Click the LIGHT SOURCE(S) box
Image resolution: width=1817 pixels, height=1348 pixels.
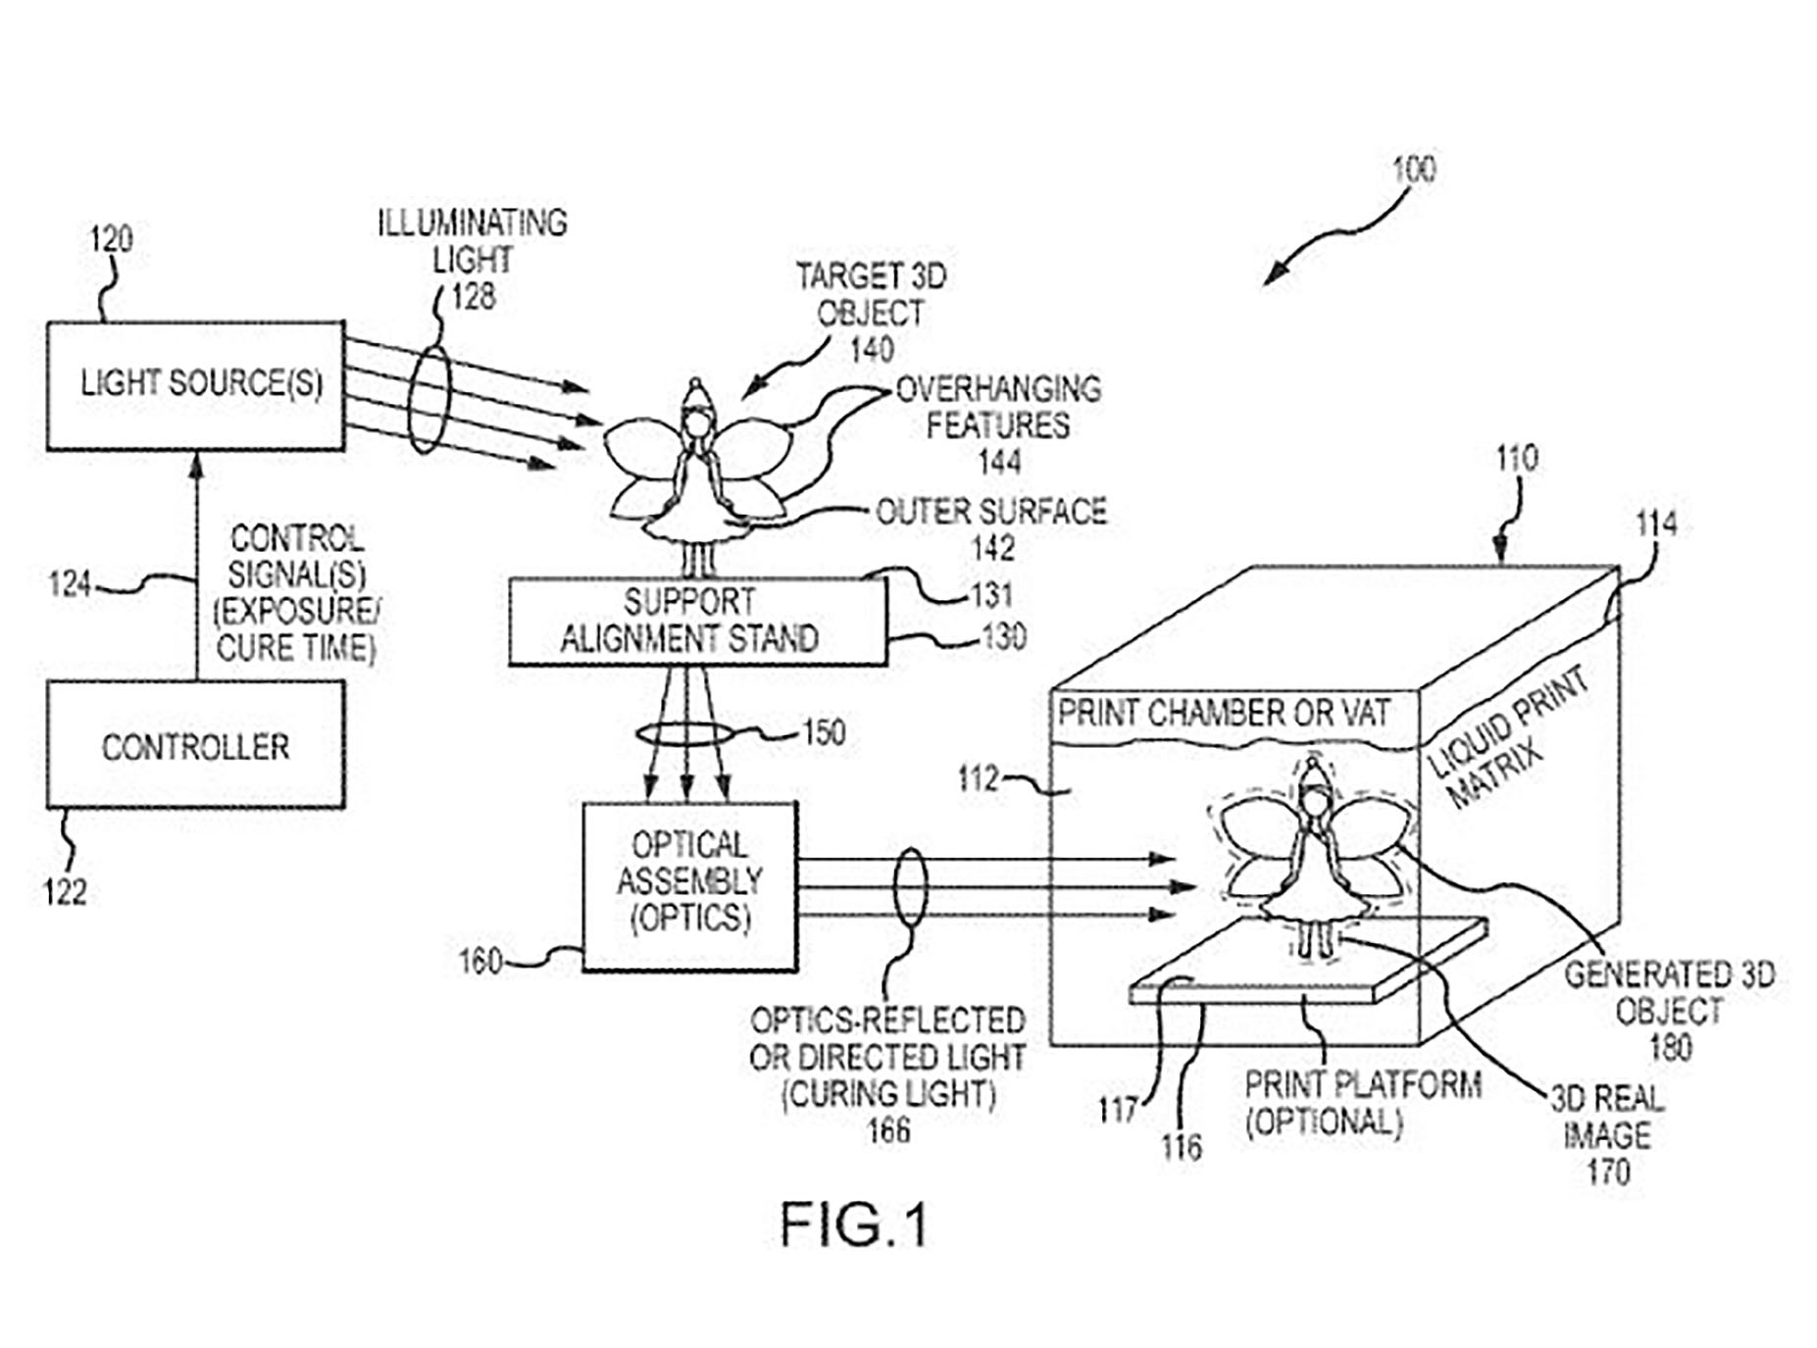[x=196, y=385]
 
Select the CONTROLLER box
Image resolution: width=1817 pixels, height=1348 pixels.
[x=196, y=745]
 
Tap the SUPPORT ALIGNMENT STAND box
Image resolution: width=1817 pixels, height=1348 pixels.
[x=697, y=622]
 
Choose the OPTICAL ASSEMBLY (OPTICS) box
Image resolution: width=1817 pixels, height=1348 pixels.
[x=689, y=886]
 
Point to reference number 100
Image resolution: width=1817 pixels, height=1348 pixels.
[x=1413, y=170]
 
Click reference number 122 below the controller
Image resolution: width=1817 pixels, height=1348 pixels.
[x=65, y=891]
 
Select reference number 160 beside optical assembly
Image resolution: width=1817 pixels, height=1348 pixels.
[x=480, y=962]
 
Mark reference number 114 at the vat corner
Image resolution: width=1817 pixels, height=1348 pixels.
[x=1656, y=524]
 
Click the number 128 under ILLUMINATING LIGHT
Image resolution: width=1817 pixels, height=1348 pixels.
[x=473, y=296]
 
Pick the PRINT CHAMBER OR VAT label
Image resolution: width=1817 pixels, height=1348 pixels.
[x=1223, y=713]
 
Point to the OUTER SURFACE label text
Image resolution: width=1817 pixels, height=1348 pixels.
[x=990, y=512]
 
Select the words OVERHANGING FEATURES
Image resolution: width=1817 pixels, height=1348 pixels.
[x=998, y=407]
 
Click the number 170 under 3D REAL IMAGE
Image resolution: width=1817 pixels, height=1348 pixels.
[x=1608, y=1172]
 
